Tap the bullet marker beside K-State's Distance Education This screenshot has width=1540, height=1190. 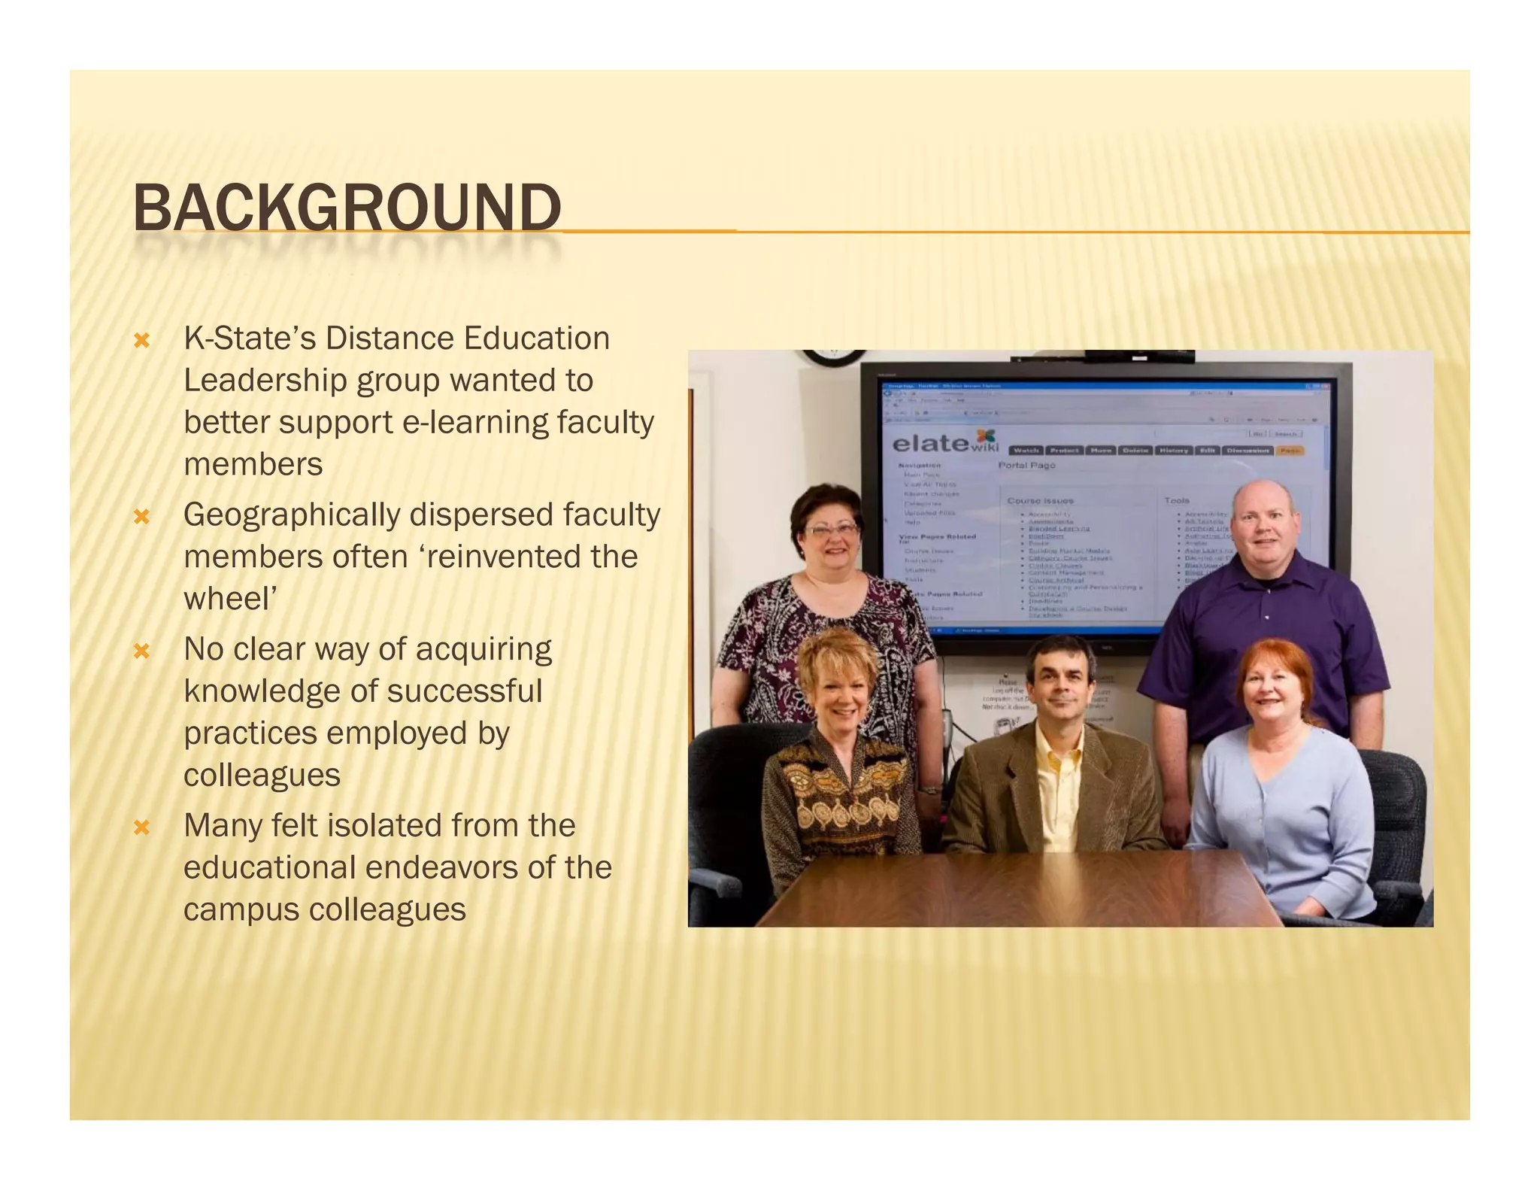141,341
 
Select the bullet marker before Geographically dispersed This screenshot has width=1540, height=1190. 141,517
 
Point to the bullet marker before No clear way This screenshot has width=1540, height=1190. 141,651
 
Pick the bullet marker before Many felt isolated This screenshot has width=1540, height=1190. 141,828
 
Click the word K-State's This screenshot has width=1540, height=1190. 250,338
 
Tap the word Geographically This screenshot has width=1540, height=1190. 291,516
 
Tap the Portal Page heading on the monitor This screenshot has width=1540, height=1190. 1026,466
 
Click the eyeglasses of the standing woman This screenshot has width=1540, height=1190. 832,530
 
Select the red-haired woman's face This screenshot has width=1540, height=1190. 1270,691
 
